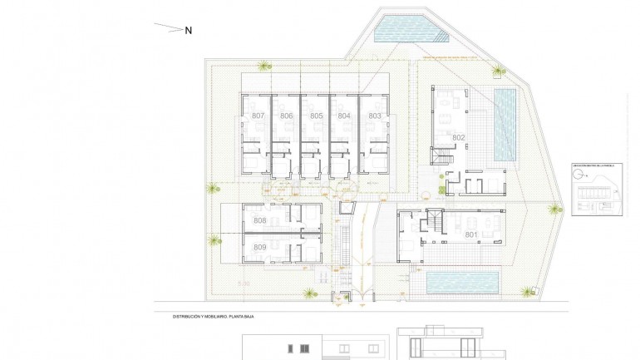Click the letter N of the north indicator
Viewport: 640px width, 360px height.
[189, 31]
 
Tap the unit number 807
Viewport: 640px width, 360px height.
[258, 116]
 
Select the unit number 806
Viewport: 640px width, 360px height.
[287, 116]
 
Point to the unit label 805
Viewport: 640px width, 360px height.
[316, 116]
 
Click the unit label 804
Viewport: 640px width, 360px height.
[344, 116]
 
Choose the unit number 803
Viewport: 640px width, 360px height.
[374, 116]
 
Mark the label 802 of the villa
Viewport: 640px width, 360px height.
[459, 137]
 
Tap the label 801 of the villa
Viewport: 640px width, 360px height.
[470, 235]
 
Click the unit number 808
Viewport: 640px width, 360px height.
[259, 220]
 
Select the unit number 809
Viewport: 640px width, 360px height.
[259, 248]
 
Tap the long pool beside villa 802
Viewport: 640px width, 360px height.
[505, 125]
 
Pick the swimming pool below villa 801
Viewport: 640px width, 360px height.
[461, 283]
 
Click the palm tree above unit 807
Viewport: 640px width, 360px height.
[264, 67]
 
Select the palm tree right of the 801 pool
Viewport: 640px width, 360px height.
[526, 292]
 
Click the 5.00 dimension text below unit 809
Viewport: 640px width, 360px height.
[244, 284]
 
